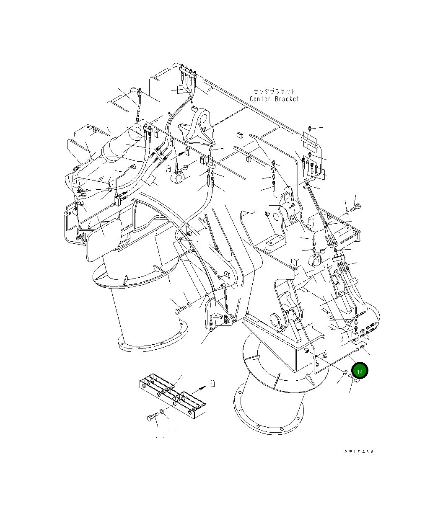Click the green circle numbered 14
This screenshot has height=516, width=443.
click(360, 371)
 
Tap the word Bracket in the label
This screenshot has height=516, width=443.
click(287, 99)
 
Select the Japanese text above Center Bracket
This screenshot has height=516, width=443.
click(274, 91)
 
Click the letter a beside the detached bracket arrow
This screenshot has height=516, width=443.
click(212, 383)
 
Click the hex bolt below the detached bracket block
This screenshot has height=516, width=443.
click(152, 417)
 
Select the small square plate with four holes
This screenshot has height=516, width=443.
click(293, 219)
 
